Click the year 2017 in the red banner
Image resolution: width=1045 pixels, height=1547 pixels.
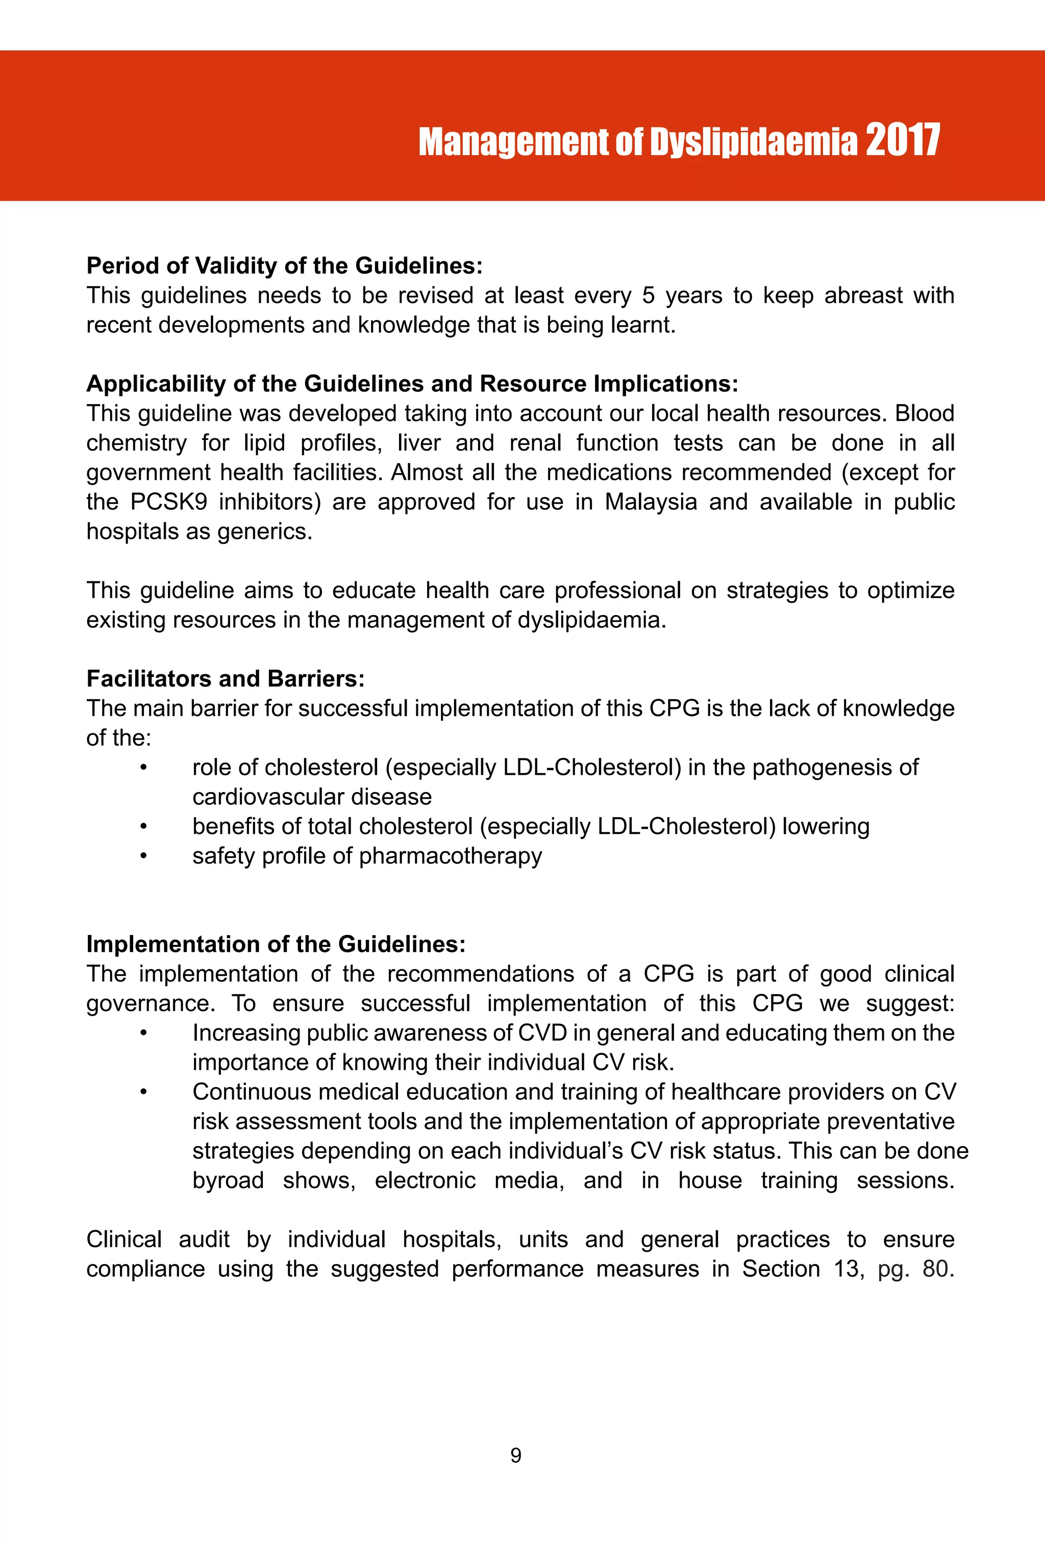(x=902, y=140)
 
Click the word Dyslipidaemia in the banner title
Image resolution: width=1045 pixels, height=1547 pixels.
(x=754, y=142)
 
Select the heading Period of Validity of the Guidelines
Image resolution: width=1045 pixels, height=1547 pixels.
(x=284, y=265)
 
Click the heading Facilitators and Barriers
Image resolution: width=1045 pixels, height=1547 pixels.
(x=226, y=678)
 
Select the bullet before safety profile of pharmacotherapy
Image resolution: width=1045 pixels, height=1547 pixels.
(x=143, y=856)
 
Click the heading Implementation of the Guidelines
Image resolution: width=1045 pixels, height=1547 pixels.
(x=276, y=944)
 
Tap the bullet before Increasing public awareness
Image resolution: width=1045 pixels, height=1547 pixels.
(x=143, y=1033)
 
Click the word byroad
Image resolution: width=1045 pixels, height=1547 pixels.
(x=228, y=1180)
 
